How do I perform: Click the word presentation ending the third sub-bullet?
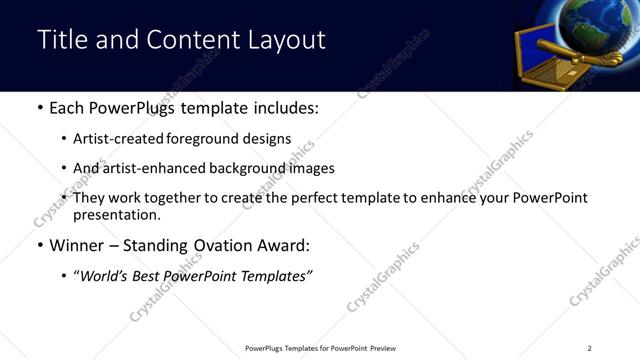click(115, 214)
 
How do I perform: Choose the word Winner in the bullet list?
click(78, 245)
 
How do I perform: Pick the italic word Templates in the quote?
click(276, 276)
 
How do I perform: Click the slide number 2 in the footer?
click(590, 348)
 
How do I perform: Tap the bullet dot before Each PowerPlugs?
click(39, 108)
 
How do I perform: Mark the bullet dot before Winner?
click(39, 245)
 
